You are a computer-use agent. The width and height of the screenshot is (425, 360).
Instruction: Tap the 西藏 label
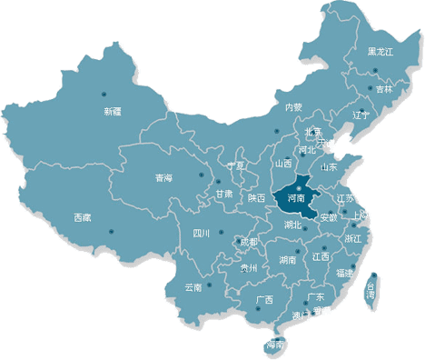point(82,217)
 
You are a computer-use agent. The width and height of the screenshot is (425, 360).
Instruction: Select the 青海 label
point(163,177)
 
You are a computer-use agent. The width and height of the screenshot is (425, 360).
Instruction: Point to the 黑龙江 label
point(381,52)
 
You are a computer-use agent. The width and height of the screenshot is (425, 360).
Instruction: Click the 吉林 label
point(385,89)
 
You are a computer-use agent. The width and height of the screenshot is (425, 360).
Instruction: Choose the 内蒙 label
point(293,107)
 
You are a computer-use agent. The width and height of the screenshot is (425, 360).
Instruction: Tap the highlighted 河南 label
point(295,197)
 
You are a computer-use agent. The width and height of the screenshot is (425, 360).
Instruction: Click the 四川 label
point(202,233)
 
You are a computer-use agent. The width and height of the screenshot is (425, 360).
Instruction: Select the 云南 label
point(193,287)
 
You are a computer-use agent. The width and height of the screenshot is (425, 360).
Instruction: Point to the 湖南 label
point(288,259)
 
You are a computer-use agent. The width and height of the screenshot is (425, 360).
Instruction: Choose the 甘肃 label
point(223,194)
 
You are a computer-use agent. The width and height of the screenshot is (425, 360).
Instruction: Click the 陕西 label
point(257,197)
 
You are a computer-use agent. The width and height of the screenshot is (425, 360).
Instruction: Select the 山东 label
point(328,167)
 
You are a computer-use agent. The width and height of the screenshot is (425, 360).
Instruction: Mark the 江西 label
point(321,257)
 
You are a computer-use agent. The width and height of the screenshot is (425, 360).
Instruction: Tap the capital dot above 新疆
point(104,94)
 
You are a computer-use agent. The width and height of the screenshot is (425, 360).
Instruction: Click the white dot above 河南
point(296,188)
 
